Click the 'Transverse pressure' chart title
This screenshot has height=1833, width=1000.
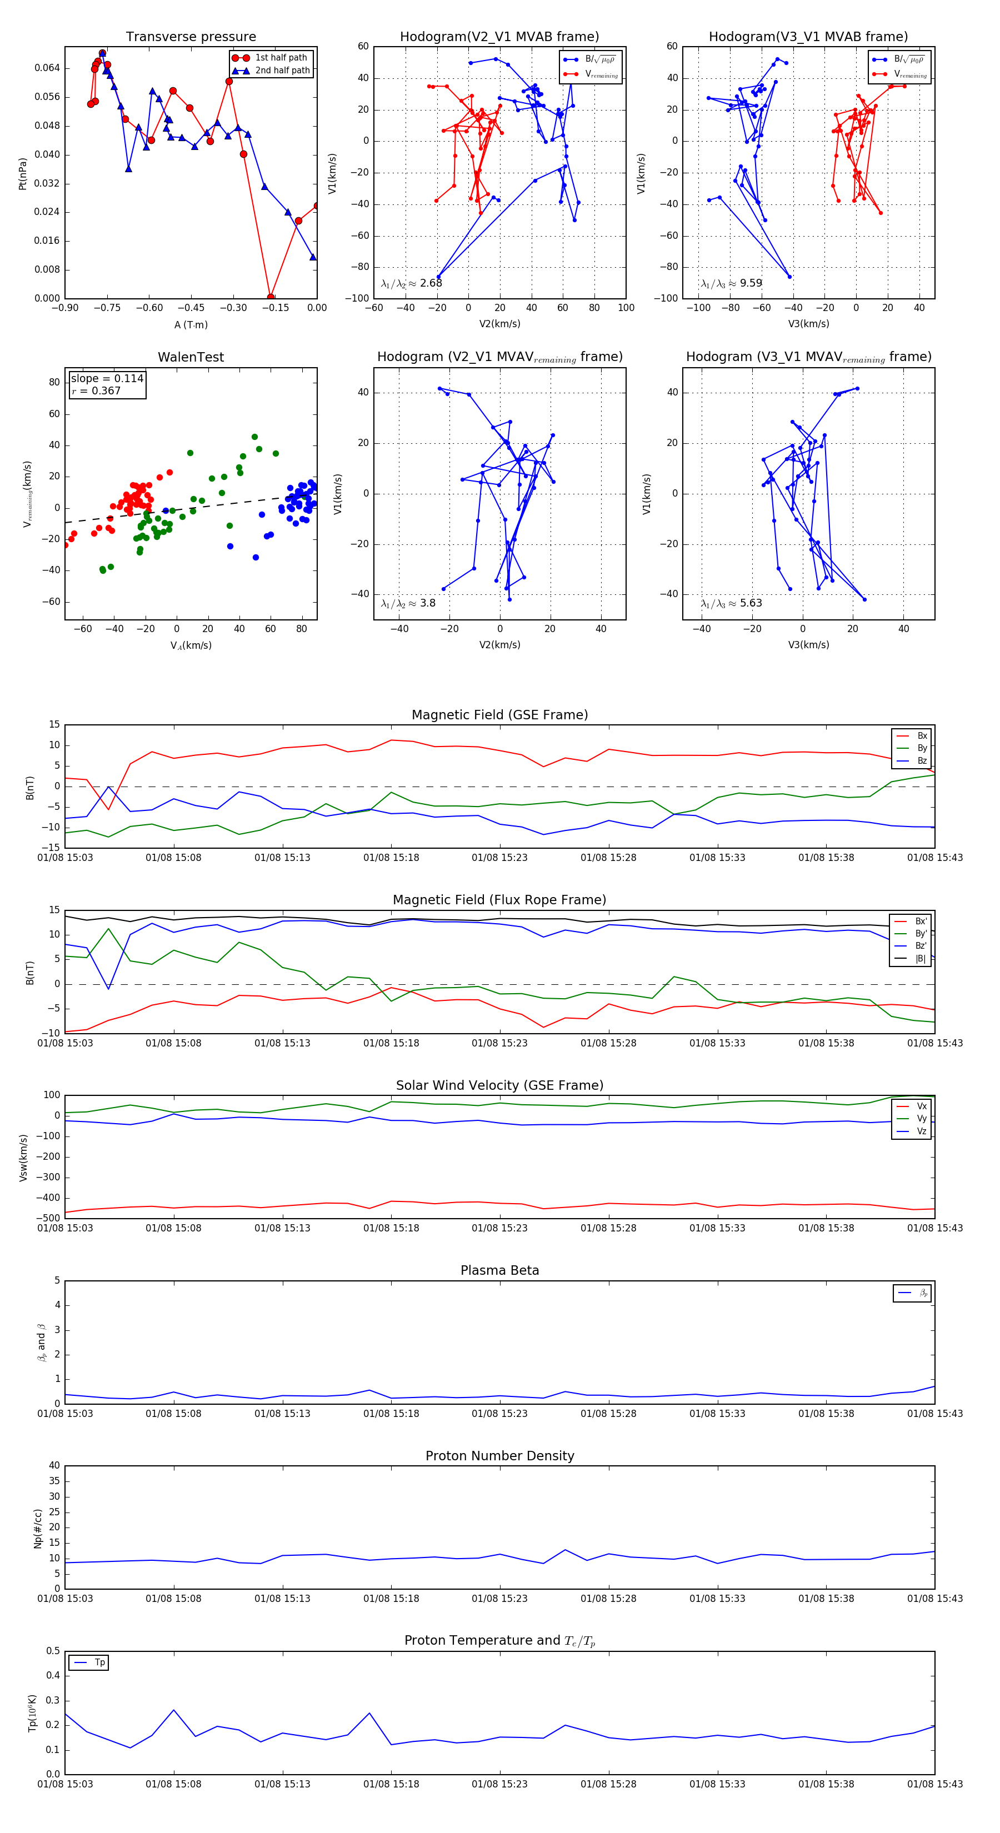click(191, 37)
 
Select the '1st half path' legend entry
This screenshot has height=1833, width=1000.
click(281, 58)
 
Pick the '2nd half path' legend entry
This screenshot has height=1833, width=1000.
click(282, 71)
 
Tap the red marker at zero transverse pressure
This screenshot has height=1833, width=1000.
click(271, 297)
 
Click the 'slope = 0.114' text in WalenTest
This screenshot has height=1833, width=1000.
click(107, 379)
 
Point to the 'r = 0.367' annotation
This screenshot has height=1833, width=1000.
click(96, 390)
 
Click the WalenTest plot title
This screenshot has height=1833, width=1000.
click(191, 357)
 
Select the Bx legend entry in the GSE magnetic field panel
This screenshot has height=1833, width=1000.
click(922, 736)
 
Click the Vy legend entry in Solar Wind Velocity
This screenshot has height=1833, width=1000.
click(922, 1119)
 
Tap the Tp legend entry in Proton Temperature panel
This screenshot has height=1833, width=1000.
click(99, 1663)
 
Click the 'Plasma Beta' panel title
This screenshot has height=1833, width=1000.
click(499, 1271)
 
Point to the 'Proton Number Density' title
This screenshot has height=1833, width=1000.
click(499, 1456)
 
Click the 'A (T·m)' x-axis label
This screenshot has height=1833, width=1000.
click(191, 325)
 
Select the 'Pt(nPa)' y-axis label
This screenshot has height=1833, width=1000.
click(22, 174)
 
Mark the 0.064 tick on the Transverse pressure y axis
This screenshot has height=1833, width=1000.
click(47, 68)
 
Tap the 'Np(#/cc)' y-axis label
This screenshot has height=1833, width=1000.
click(38, 1529)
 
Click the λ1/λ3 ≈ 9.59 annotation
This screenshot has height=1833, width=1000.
click(731, 283)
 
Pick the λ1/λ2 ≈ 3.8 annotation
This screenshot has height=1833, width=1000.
click(408, 603)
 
